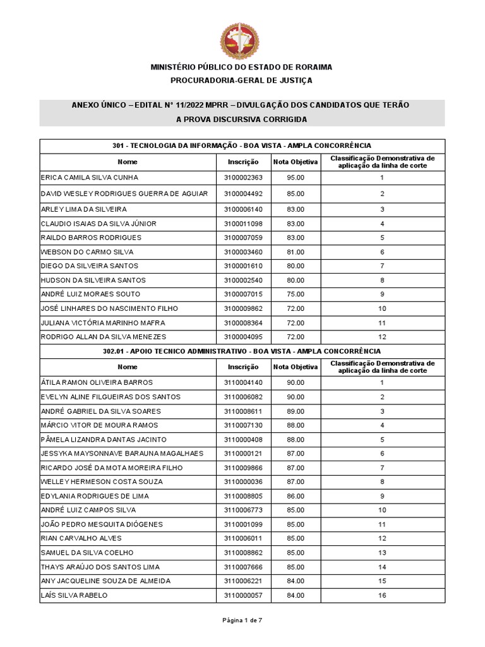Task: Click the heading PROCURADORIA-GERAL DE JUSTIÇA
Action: point(242,80)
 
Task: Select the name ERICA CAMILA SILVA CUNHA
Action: point(90,178)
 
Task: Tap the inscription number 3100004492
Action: point(243,193)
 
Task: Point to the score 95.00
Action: point(296,178)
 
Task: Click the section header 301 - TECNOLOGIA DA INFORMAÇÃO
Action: point(242,146)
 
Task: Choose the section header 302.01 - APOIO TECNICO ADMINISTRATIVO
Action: point(242,351)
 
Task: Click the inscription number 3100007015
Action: point(243,294)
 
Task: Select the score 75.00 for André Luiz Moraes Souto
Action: point(296,294)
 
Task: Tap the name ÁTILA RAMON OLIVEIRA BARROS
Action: point(97,383)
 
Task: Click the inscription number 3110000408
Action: point(243,440)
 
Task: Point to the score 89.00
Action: point(296,411)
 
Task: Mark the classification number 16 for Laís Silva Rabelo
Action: point(382,595)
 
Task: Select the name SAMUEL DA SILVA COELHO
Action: point(87,553)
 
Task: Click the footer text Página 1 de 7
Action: point(242,620)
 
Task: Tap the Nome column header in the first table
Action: point(128,162)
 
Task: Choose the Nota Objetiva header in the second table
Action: point(296,367)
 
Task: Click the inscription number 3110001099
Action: point(243,524)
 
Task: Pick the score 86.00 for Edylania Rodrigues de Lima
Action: point(296,496)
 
